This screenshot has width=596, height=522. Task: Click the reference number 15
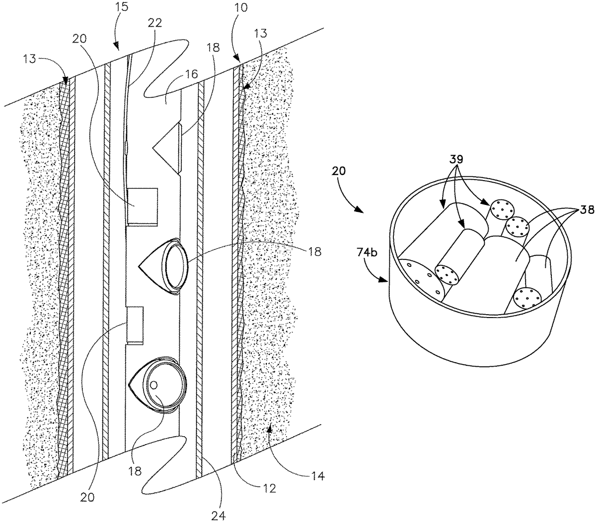click(x=113, y=9)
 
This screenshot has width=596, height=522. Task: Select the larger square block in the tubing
click(x=142, y=206)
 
